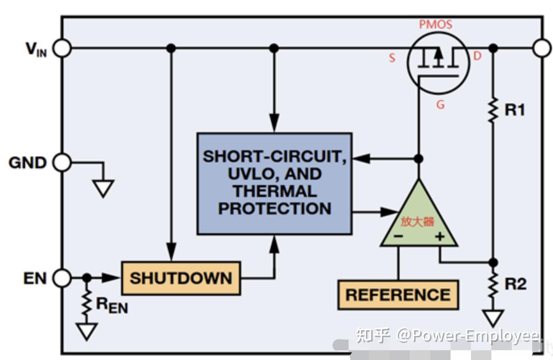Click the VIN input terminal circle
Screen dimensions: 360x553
[x=63, y=48]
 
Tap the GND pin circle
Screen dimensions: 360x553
[x=62, y=163]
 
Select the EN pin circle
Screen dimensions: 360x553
[x=62, y=278]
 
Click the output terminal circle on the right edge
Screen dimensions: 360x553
[x=541, y=48]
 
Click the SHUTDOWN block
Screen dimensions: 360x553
[x=180, y=278]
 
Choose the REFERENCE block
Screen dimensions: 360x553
[x=398, y=294]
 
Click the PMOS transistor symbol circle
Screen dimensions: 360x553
[x=438, y=62]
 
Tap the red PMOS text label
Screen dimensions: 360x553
[x=435, y=24]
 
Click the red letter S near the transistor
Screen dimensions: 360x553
[x=392, y=58]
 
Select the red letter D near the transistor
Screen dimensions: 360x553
[x=477, y=56]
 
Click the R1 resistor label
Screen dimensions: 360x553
[x=514, y=110]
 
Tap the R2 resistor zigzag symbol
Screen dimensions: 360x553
[x=493, y=286]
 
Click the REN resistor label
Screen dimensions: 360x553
[x=112, y=305]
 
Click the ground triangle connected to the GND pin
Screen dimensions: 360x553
[x=103, y=188]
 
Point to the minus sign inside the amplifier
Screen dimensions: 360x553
[x=398, y=236]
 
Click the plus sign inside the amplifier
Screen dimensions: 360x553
[x=439, y=236]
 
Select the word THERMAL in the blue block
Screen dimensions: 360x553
[x=275, y=191]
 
